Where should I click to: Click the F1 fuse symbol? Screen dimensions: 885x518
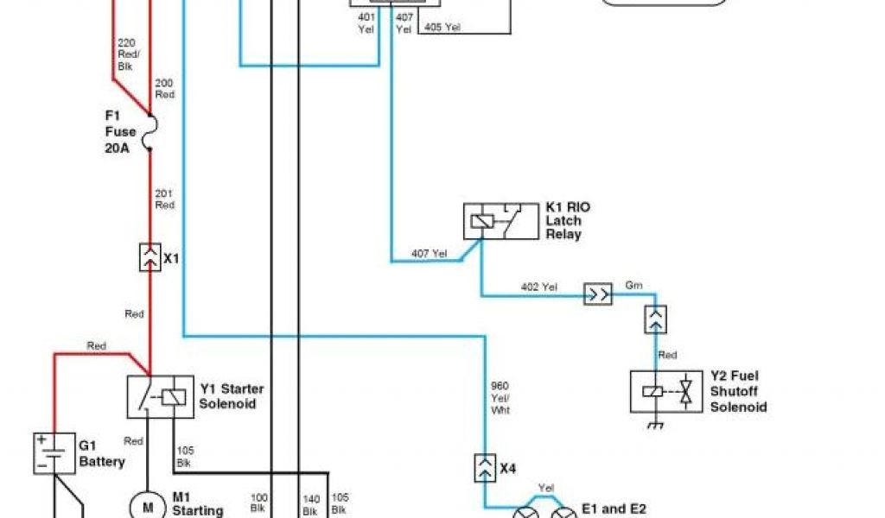pyautogui.click(x=150, y=131)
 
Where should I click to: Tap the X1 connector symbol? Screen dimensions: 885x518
pyautogui.click(x=150, y=257)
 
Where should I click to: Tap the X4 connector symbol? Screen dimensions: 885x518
pyautogui.click(x=484, y=469)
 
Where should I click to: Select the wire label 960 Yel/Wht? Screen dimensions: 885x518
pyautogui.click(x=500, y=398)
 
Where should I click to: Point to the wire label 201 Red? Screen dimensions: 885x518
pyautogui.click(x=164, y=199)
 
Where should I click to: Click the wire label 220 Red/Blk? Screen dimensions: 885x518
pyautogui.click(x=126, y=54)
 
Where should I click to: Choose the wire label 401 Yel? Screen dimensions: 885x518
pyautogui.click(x=366, y=22)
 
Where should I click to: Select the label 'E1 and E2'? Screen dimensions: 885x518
pyautogui.click(x=614, y=509)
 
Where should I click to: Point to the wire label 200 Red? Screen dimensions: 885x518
pyautogui.click(x=164, y=88)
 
